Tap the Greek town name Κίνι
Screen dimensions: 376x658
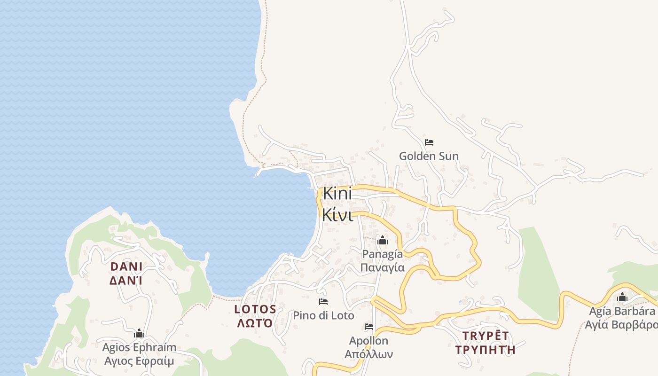337,215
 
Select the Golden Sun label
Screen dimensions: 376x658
429,156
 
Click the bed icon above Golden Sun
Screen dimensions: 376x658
429,142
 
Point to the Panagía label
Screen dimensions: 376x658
382,254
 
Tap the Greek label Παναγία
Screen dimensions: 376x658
382,267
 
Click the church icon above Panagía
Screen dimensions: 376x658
382,241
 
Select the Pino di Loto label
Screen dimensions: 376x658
323,315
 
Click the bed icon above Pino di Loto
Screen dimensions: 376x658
323,302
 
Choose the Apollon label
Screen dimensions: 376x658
368,341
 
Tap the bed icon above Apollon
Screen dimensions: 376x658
368,327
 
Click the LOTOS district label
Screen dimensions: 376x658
255,309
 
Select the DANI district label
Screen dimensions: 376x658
126,266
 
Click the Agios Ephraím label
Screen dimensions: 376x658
139,348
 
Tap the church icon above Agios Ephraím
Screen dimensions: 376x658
139,334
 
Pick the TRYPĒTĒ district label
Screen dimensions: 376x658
486,336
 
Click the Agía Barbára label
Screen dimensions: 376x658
622,311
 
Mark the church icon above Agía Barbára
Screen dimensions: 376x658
622,298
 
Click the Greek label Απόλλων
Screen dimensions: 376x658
368,354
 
